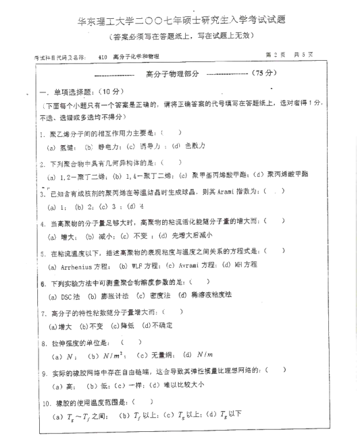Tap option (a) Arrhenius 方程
80,266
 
